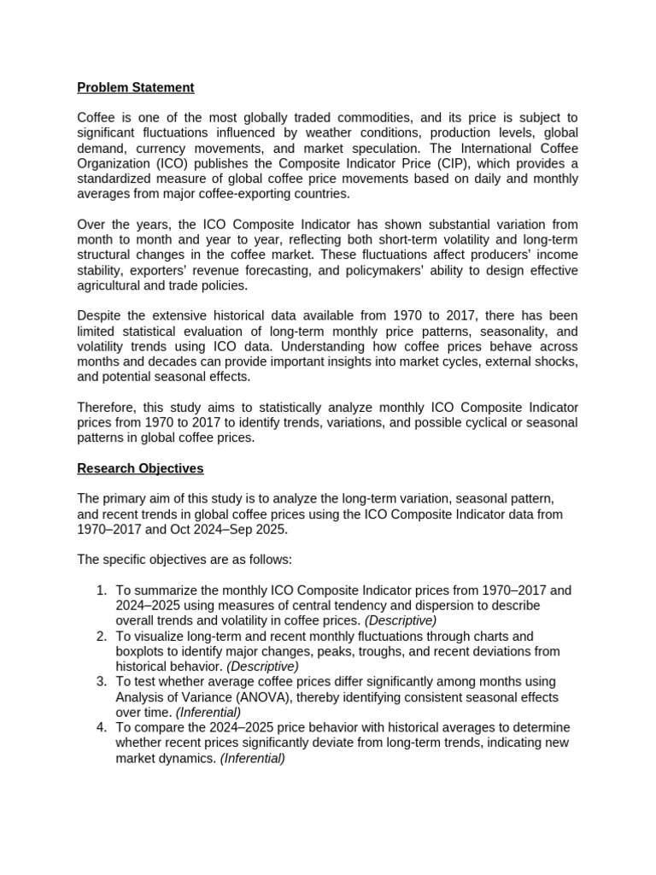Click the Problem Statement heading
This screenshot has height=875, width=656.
136,87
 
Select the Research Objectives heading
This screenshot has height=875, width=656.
140,468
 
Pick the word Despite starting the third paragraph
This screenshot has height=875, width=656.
99,316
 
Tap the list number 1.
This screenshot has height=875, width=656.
100,590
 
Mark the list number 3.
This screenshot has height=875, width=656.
100,682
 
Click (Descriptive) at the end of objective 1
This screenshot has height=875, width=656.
401,620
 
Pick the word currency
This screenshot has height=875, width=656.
158,148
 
